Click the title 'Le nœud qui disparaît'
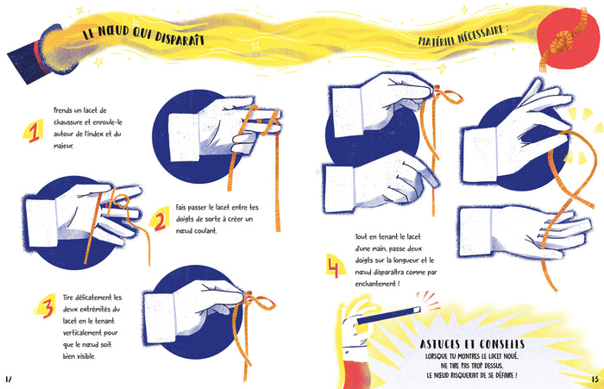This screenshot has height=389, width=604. tap(143, 35)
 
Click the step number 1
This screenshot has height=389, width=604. tap(34, 132)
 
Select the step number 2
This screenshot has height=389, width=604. tap(160, 221)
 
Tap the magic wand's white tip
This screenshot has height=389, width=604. tap(416, 309)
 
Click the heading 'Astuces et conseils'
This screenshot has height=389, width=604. tap(472, 344)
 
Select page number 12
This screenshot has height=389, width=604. tap(9, 379)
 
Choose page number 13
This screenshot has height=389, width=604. tap(595, 379)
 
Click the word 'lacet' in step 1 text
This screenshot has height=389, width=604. tap(91, 110)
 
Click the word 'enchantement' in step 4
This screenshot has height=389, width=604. tap(374, 284)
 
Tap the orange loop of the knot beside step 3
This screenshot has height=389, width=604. tap(264, 303)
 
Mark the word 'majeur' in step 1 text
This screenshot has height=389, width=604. tap(63, 146)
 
